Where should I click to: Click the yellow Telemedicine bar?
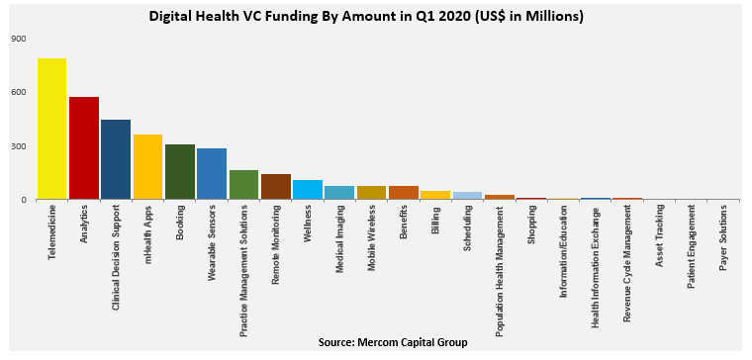(x=51, y=129)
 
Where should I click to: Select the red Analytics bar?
(x=84, y=148)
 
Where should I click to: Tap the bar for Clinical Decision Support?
(x=116, y=159)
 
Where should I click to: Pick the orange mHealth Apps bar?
(x=147, y=167)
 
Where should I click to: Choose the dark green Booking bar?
(x=180, y=172)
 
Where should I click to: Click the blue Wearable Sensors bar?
(x=212, y=174)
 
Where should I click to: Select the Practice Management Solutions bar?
(x=243, y=185)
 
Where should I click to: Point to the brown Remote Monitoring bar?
(x=276, y=187)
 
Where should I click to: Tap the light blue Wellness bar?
(x=308, y=190)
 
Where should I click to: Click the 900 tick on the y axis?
(x=19, y=39)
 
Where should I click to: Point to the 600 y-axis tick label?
(x=19, y=93)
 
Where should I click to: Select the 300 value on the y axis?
(x=19, y=146)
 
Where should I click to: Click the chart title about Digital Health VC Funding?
(x=366, y=17)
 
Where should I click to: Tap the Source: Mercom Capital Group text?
(x=393, y=342)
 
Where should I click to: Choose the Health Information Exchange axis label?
(x=596, y=265)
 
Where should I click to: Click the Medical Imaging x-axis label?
(x=339, y=238)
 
